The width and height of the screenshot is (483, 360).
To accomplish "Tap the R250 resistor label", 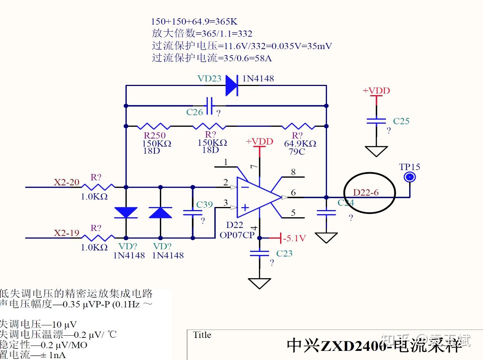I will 154,135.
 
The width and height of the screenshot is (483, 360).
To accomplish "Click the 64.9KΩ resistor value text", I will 300,144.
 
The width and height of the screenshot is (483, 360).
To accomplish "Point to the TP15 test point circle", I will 410,177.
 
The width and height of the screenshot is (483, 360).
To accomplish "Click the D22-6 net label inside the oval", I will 366,193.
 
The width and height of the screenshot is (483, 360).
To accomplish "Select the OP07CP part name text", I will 237,235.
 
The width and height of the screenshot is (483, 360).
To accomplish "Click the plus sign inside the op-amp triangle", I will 245,207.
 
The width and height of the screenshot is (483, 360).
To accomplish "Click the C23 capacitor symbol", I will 260,253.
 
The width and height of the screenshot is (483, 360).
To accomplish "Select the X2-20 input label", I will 66,182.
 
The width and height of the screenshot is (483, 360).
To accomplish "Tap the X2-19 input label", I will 66,233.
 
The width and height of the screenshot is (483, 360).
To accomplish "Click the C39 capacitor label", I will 204,205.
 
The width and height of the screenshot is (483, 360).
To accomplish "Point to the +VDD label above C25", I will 376,91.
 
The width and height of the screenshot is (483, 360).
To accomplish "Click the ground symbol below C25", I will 376,151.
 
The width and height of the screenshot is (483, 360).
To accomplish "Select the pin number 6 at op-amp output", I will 293,193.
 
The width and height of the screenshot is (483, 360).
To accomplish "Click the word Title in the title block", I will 202,335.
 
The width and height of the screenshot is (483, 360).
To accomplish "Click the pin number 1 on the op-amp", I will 225,162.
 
